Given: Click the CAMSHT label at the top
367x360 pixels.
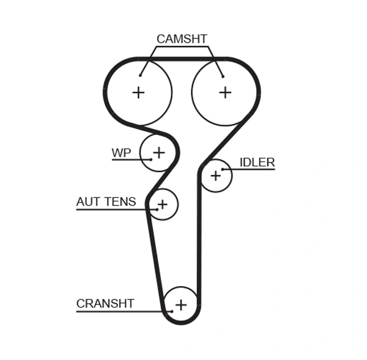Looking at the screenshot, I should (x=182, y=39).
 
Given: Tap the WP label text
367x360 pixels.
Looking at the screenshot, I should (x=121, y=153).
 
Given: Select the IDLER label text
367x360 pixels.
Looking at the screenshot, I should (x=257, y=163).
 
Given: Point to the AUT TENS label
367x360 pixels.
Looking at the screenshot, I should (x=106, y=202).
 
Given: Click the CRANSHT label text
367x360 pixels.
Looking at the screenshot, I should (x=105, y=304).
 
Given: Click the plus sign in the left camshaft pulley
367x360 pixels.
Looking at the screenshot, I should (x=139, y=92).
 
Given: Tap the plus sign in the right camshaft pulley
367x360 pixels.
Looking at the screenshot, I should (x=225, y=92).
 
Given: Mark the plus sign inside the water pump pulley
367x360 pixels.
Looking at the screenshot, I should (x=159, y=152).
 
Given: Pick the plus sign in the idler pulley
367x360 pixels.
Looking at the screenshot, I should (x=215, y=176).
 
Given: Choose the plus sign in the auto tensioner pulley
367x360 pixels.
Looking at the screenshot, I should (x=162, y=204).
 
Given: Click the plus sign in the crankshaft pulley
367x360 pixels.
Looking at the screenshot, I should (x=180, y=304).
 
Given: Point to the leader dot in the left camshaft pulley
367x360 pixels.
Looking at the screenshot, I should (x=140, y=76).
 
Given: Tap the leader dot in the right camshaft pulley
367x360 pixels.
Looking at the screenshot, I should (x=223, y=76).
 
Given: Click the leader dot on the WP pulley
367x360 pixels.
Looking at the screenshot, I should (x=150, y=160).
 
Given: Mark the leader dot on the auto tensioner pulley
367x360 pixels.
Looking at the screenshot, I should (x=157, y=210).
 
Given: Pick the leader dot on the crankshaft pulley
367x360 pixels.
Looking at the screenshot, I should (x=172, y=311).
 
